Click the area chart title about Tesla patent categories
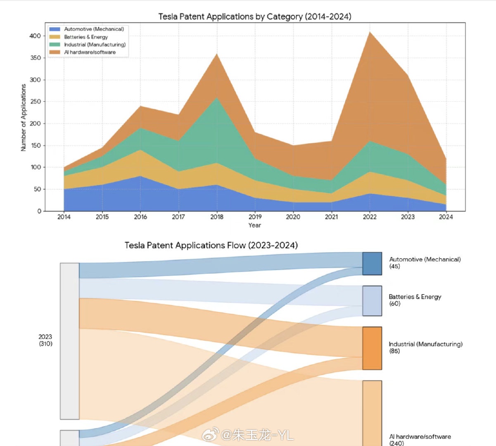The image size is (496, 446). [255, 17]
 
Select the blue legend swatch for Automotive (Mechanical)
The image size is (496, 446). [55, 29]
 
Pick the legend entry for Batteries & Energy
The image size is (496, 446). [86, 37]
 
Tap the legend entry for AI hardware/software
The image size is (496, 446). [90, 52]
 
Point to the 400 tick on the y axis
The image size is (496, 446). [35, 36]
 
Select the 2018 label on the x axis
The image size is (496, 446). [217, 217]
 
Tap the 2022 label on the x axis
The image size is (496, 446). [370, 217]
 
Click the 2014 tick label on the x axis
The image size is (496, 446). [64, 217]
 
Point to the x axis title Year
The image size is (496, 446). [255, 225]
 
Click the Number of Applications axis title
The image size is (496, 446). [24, 118]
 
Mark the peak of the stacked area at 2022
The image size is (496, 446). [370, 32]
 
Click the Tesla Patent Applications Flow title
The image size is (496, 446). [211, 245]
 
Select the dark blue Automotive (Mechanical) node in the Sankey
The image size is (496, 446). [372, 263]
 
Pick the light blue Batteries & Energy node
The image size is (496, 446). [372, 301]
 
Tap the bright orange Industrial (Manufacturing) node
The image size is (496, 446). [372, 348]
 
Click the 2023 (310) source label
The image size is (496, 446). [45, 340]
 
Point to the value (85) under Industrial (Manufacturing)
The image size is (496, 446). [394, 351]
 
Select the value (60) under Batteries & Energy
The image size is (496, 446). [394, 304]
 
